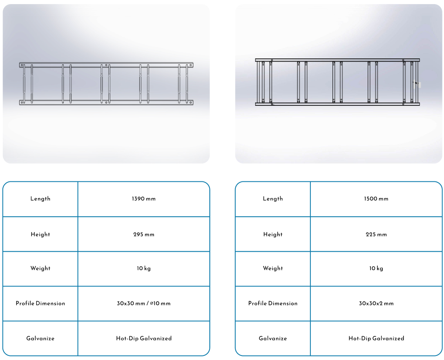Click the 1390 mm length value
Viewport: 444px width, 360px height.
tap(143, 199)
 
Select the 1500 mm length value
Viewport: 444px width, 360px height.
tap(376, 199)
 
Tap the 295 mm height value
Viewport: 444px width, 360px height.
tap(143, 235)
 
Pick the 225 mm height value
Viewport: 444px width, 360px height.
tap(376, 235)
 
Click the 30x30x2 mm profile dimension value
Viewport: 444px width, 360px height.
tap(376, 303)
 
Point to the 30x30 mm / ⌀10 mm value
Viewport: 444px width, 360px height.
tap(143, 303)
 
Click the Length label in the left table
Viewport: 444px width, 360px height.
tap(40, 199)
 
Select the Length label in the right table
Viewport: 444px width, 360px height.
tap(273, 199)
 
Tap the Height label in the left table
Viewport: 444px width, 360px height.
tap(40, 235)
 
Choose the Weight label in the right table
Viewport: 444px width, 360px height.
tap(273, 268)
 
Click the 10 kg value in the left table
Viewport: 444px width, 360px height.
tap(143, 268)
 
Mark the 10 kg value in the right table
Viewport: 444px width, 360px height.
tap(376, 268)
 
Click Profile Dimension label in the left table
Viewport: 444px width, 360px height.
tap(40, 303)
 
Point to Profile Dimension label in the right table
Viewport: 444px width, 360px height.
tap(273, 303)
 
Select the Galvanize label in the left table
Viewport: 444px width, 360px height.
tap(40, 338)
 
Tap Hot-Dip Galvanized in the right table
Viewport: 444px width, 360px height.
tap(376, 338)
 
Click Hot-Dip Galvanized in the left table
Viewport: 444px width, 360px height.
tap(143, 338)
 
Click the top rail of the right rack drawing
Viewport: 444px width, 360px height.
tap(337, 60)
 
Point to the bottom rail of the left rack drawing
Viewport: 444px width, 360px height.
tap(106, 103)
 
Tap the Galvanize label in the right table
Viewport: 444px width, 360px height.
tap(273, 338)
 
